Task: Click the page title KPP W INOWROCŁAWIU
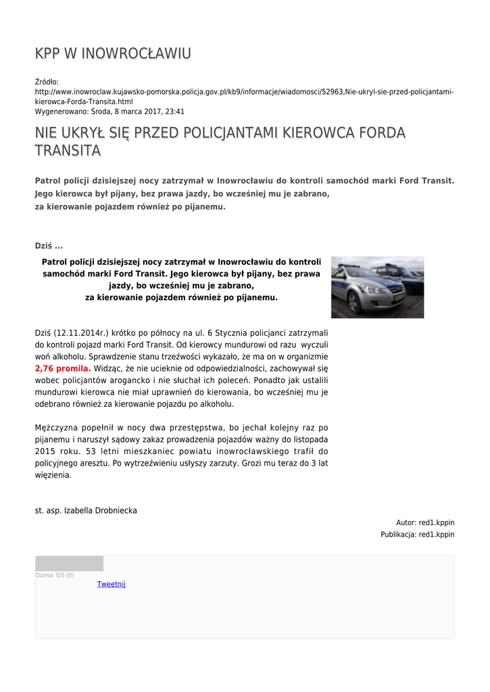[x=113, y=53]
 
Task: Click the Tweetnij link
[x=112, y=584]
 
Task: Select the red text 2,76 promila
[x=63, y=369]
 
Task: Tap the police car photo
[x=377, y=287]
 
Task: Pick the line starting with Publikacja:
[x=417, y=535]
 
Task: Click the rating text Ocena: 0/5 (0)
[x=55, y=575]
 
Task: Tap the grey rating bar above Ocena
[x=69, y=564]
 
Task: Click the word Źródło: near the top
[x=47, y=82]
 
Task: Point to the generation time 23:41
[x=174, y=112]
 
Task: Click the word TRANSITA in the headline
[x=68, y=150]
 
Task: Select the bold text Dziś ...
[x=43, y=245]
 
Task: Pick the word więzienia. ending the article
[x=53, y=475]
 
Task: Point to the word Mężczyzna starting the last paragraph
[x=58, y=428]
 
